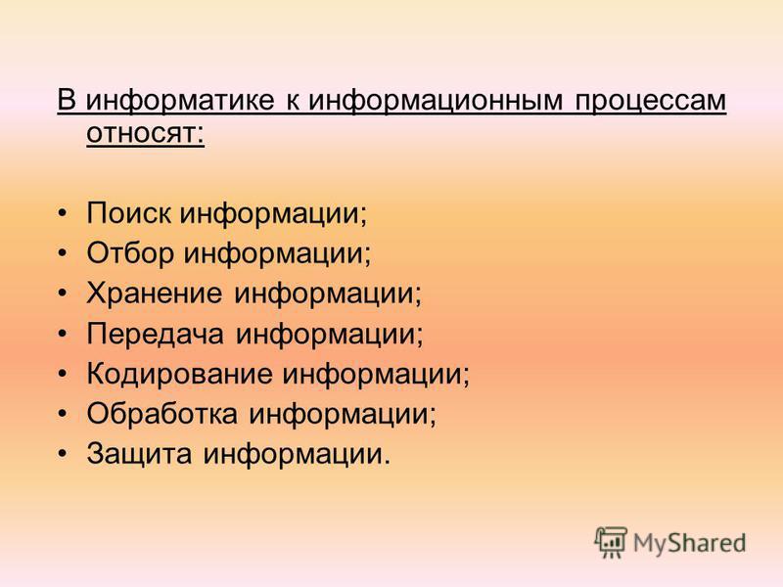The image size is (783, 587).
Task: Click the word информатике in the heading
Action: point(180,100)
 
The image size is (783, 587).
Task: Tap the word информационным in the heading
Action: point(436,100)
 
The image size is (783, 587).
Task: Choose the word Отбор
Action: point(130,252)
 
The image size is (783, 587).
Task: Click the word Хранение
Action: point(155,293)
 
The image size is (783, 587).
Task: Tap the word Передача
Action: point(155,334)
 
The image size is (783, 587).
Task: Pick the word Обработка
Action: point(162,413)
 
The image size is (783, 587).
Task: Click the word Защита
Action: point(139,454)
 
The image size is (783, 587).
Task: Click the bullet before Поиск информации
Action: point(62,214)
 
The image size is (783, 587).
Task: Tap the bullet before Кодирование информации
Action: point(62,375)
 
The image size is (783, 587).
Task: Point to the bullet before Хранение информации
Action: point(62,294)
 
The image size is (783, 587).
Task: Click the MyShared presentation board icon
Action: point(610,542)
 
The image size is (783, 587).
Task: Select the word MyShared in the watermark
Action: point(690,543)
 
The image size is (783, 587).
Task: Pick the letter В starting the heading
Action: point(67,100)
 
